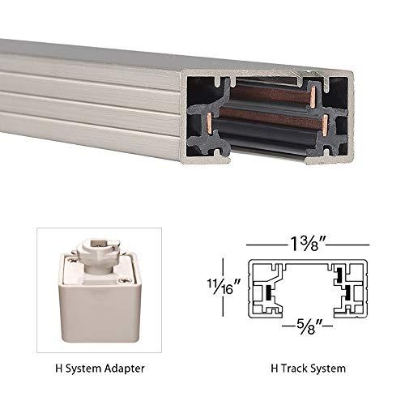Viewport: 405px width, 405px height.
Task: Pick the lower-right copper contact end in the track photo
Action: click(324, 123)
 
